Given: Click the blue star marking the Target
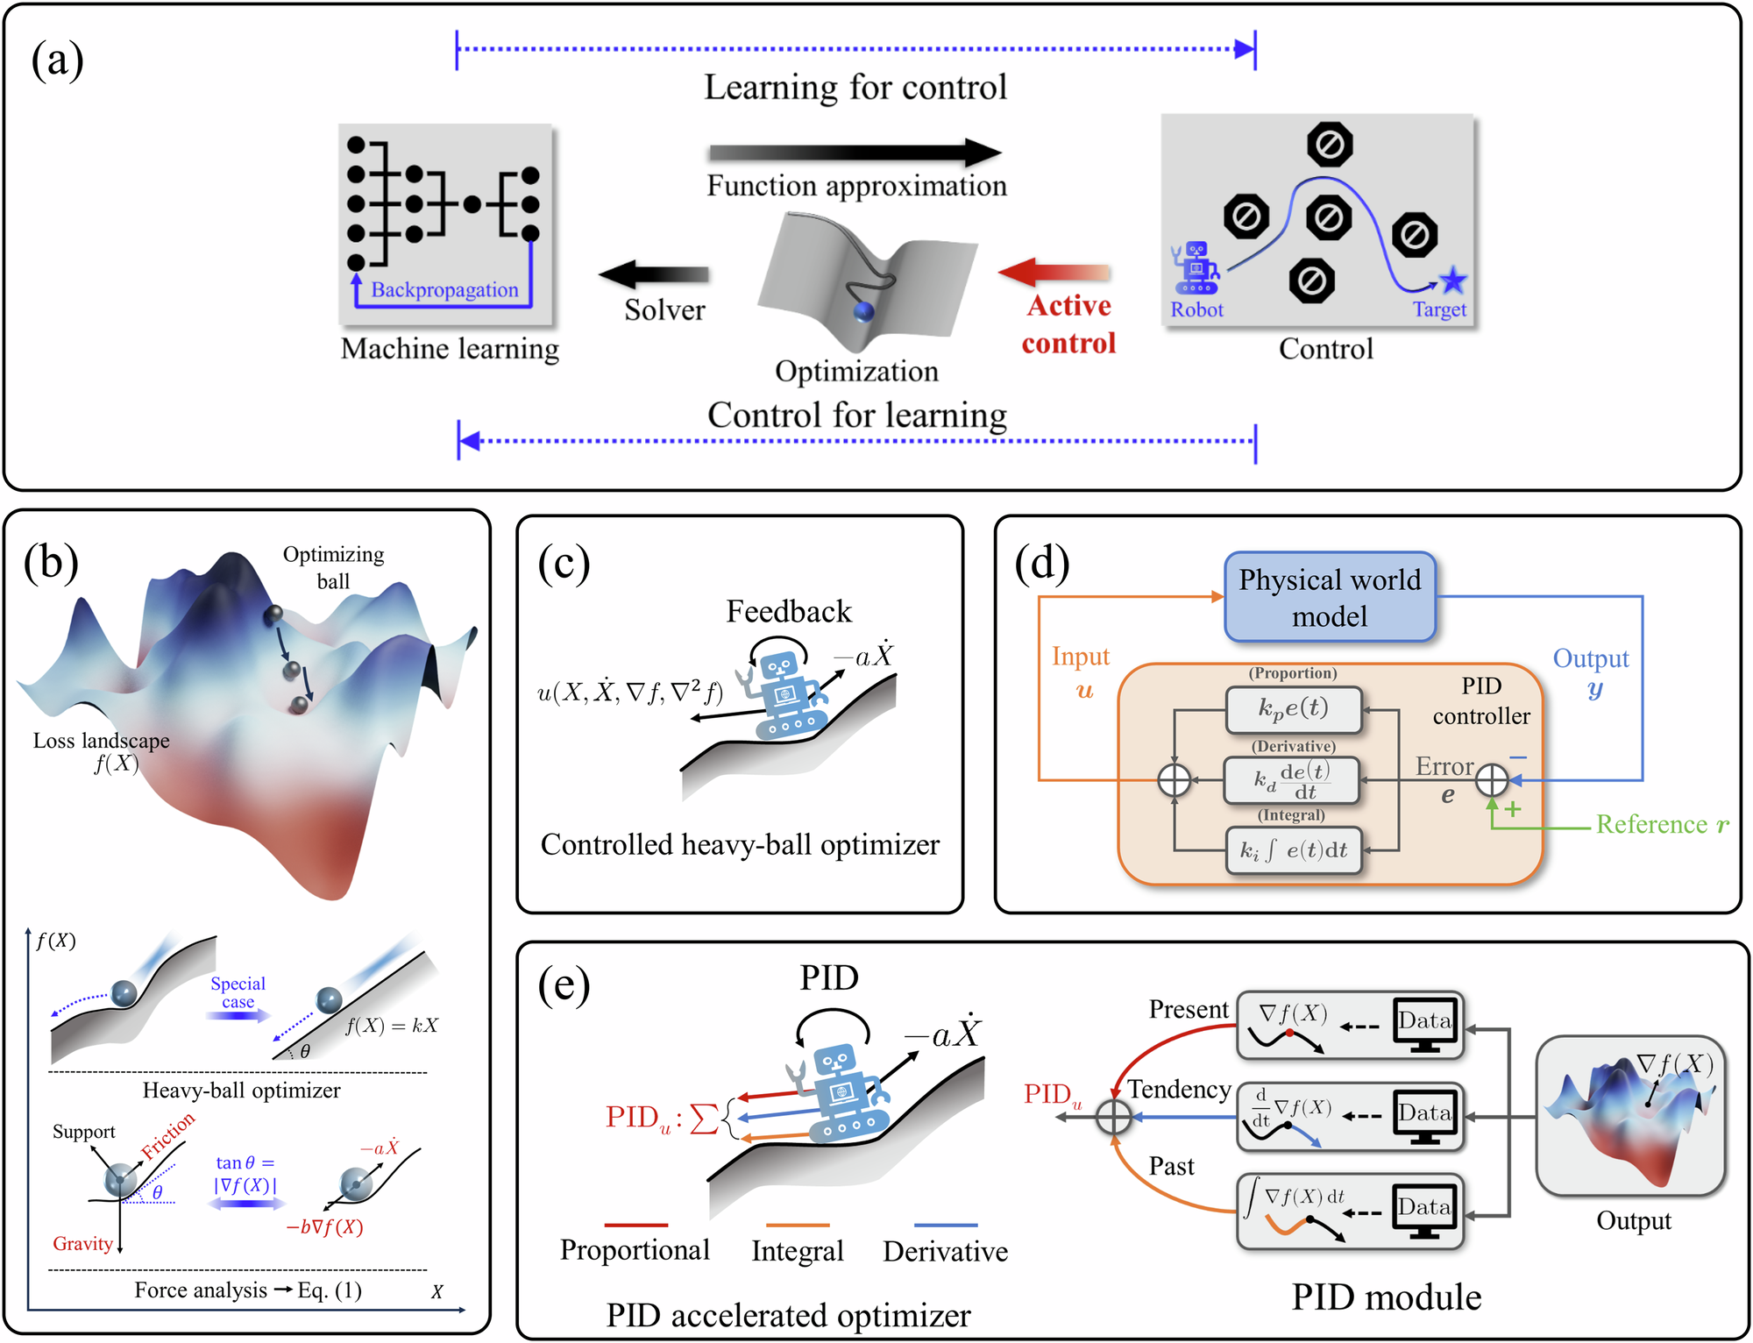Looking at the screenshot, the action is [x=1453, y=281].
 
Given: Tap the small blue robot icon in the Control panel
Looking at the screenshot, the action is [x=1195, y=268].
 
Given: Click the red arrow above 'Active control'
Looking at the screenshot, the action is [x=1054, y=273].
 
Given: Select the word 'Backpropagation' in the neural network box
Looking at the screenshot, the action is [x=444, y=290].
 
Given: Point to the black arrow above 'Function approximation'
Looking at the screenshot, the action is [x=855, y=153].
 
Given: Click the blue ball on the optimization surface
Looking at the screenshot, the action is [x=863, y=311].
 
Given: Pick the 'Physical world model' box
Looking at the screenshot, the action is [x=1330, y=597].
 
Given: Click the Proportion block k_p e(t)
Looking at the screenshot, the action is [x=1294, y=709].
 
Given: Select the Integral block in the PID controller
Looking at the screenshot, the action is [x=1294, y=850].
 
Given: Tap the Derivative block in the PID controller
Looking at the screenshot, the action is [x=1292, y=779].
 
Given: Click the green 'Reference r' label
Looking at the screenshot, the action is [x=1662, y=824].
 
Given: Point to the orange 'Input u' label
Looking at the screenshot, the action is [x=1082, y=672].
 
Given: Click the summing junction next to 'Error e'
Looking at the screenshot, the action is [x=1492, y=779].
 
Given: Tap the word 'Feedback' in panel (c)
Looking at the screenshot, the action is [x=789, y=611].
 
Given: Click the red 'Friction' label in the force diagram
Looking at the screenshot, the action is [x=168, y=1135].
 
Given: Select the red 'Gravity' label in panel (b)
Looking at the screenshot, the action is [x=83, y=1244].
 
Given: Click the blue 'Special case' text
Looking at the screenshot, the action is [x=238, y=992].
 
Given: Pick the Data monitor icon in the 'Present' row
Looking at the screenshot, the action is [x=1425, y=1025].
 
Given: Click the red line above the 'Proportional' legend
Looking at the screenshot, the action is [x=635, y=1225].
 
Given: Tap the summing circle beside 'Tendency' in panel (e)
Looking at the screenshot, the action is [x=1113, y=1117].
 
